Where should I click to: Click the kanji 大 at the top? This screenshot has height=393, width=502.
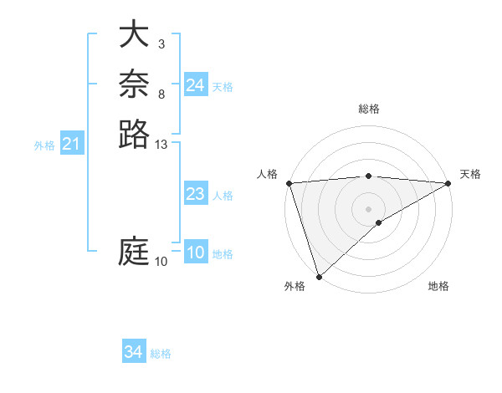(x=135, y=36)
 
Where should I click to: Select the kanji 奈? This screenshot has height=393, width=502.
(x=135, y=84)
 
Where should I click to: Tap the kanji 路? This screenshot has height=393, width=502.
(x=135, y=133)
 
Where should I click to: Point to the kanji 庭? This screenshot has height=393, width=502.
(x=135, y=252)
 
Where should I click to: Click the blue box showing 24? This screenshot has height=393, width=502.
(x=196, y=85)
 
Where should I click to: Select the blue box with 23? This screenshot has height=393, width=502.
(x=196, y=194)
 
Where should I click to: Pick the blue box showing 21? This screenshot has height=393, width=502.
(x=72, y=145)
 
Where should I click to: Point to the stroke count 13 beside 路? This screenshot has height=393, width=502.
(x=161, y=145)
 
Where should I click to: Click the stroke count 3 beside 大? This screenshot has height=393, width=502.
(x=161, y=43)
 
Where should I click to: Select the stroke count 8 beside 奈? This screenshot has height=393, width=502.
(x=161, y=94)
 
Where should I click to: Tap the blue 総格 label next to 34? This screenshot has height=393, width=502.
(x=161, y=354)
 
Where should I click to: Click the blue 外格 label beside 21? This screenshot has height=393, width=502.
(x=44, y=145)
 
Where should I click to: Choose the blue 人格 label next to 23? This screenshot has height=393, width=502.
(x=223, y=196)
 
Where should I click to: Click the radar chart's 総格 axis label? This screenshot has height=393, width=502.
(x=369, y=109)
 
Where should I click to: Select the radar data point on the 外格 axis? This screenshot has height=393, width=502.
(x=319, y=276)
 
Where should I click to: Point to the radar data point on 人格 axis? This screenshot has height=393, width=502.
(x=288, y=183)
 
